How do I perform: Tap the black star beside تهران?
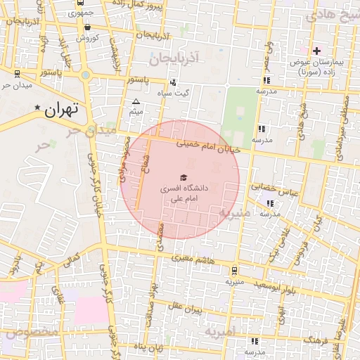click(38, 108)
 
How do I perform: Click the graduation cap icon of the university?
click(184, 178)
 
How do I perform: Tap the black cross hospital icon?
click(316, 51)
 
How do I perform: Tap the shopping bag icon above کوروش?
click(86, 27)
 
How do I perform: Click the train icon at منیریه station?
click(233, 269)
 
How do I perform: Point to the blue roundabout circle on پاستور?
click(85, 75)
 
